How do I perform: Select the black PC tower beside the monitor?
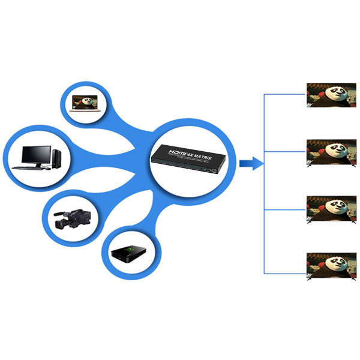pos(56,158)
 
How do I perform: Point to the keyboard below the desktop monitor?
pos(34,168)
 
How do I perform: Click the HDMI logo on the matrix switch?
pos(178,152)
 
